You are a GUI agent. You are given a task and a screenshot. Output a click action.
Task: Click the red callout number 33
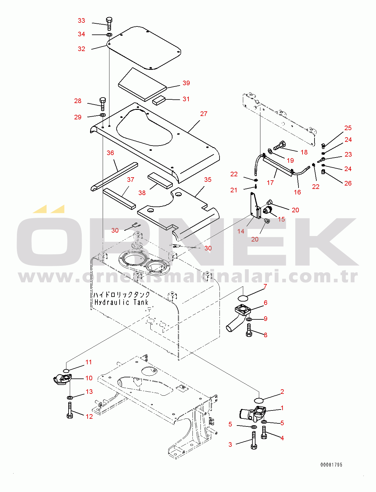[81, 21]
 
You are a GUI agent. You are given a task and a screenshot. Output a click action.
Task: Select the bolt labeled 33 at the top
[109, 23]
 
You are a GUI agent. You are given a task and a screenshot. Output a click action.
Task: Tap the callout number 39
[186, 83]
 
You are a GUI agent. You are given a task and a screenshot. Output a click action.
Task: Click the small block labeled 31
[159, 100]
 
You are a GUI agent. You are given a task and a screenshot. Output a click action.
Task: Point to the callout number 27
[204, 114]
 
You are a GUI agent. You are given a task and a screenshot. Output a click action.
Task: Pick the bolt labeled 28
[103, 104]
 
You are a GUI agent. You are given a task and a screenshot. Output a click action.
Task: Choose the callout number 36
[110, 153]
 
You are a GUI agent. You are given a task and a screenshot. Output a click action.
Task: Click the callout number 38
[142, 193]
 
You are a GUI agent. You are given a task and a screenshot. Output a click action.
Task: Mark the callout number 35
[208, 180]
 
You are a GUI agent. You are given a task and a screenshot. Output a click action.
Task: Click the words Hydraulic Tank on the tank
[121, 302]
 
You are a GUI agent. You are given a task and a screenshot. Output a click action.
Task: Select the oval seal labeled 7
[243, 298]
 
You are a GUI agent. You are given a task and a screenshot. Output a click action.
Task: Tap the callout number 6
[266, 303]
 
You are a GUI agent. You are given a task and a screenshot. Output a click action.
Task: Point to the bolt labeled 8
[249, 330]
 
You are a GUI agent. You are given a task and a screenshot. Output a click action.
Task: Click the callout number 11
[89, 362]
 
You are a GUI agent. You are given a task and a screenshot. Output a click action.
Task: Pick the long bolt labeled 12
[70, 410]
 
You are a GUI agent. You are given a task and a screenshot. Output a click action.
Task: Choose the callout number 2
[282, 392]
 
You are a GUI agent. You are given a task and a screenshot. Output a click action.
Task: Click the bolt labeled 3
[254, 440]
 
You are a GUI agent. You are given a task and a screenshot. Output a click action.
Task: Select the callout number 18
[304, 152]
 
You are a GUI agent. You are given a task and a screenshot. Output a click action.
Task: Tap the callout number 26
[348, 183]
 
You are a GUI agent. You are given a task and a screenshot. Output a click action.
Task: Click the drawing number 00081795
[331, 465]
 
